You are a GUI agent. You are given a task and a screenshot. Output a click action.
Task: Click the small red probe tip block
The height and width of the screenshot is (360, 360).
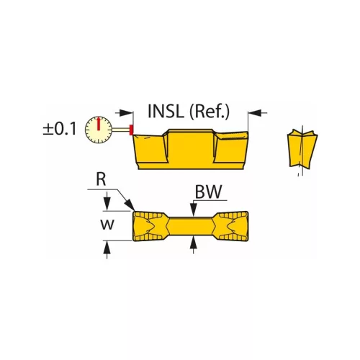pos(130,130)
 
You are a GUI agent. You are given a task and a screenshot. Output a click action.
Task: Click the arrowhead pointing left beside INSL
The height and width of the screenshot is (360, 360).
pos(128,112)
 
